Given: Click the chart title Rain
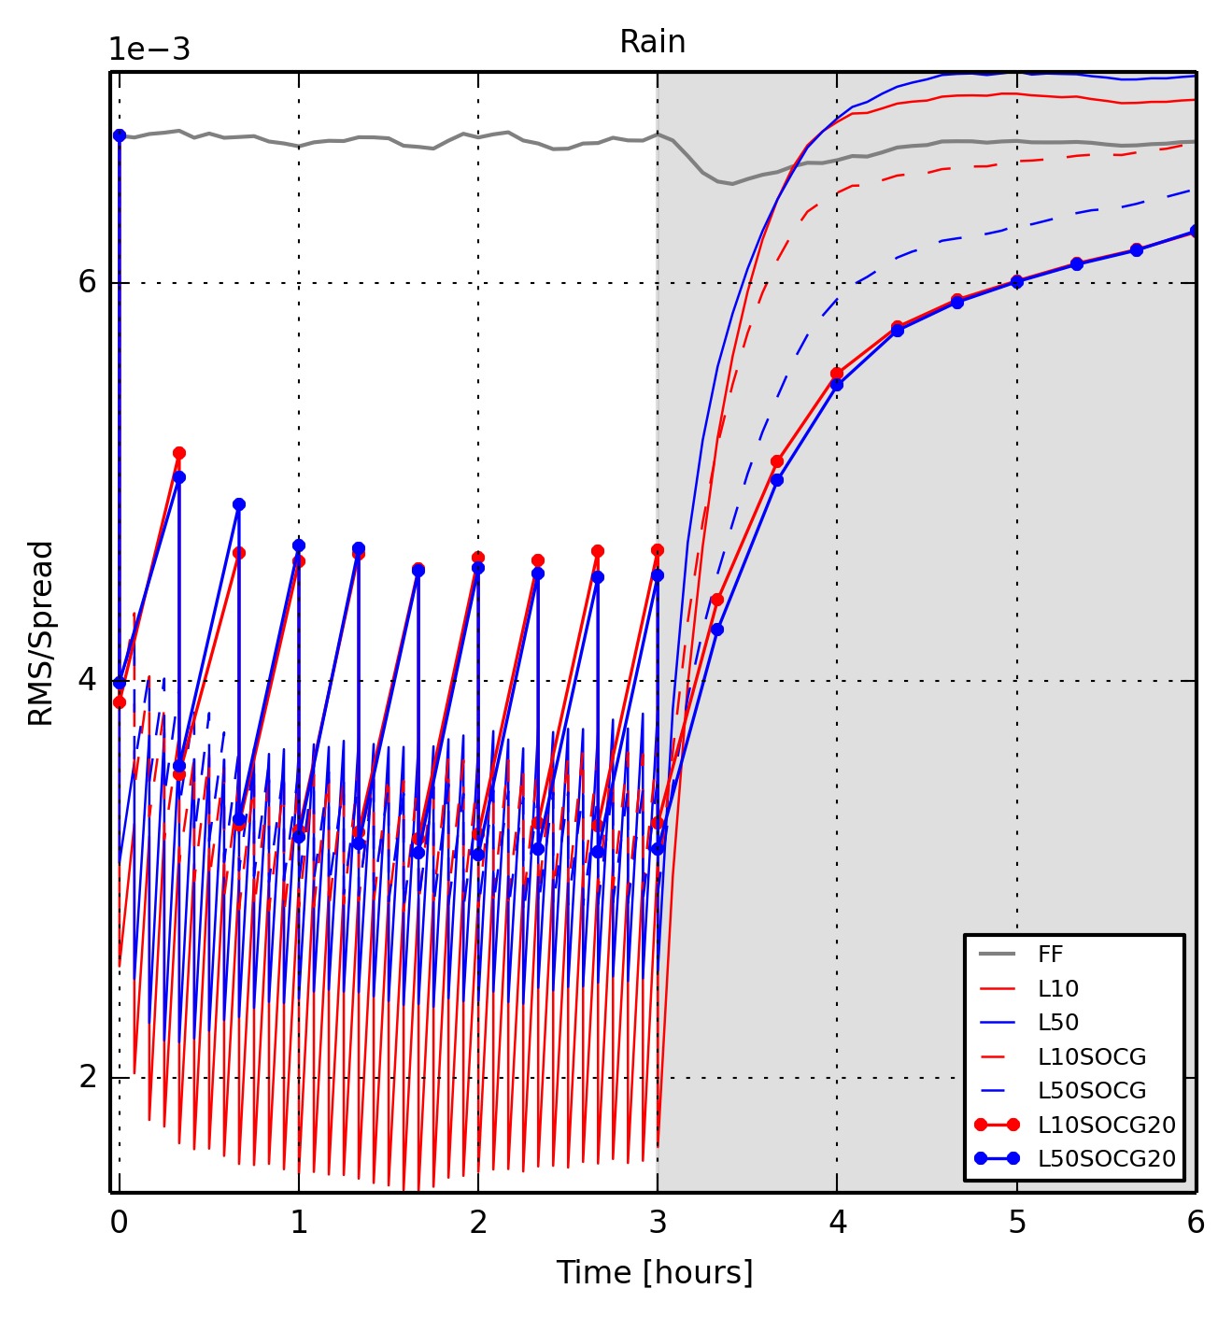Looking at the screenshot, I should (652, 42).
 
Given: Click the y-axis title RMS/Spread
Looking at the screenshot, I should (41, 633).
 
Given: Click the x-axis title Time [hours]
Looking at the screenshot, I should (654, 1272).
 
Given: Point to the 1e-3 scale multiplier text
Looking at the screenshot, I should (149, 50).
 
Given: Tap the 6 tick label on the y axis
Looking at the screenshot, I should (88, 282).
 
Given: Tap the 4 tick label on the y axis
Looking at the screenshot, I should (88, 680).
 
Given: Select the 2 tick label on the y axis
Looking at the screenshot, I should (88, 1077).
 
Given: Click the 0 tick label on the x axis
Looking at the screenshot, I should (119, 1223).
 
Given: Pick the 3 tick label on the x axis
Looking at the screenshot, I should (658, 1223).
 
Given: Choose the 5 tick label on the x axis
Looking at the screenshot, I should (1017, 1223).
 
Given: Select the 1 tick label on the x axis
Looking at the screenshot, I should (299, 1223).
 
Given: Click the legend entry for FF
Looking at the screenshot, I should (1050, 954).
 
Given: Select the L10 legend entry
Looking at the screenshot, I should (1057, 988).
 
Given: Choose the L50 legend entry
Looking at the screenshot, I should (1057, 1022).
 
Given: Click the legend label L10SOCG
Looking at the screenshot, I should (1091, 1056).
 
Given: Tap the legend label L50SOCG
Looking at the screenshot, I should (1091, 1090).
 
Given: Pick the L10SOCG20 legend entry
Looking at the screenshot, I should (1106, 1125).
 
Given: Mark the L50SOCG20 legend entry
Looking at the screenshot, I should (1106, 1158).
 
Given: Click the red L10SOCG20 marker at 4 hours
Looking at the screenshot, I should (837, 374).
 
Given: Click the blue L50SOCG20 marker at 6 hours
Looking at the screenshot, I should (1195, 231).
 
